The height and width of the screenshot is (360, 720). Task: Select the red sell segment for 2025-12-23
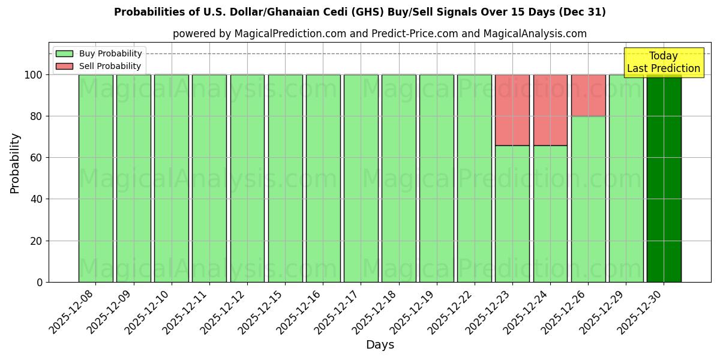(512, 110)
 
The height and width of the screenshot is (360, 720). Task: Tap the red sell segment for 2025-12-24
(550, 110)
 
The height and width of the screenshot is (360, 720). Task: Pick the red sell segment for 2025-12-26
(588, 95)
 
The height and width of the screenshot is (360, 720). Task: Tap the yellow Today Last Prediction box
(664, 62)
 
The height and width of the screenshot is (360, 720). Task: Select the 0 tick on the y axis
(39, 282)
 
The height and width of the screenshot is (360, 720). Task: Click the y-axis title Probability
(15, 163)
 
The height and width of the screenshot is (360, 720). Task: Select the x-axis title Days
(380, 345)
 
